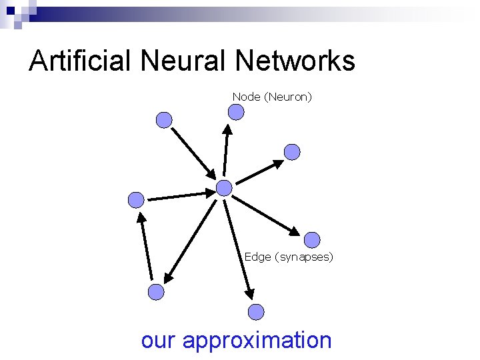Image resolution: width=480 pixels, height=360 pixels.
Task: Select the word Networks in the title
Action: click(295, 61)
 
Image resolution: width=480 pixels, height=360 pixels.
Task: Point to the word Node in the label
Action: click(246, 97)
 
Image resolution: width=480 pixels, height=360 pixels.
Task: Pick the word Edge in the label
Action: click(257, 257)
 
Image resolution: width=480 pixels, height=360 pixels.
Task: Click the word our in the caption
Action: click(159, 340)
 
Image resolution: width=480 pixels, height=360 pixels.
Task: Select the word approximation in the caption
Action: click(257, 340)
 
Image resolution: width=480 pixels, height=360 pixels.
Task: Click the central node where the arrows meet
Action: click(225, 188)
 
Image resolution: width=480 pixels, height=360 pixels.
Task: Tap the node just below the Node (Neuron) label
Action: click(236, 112)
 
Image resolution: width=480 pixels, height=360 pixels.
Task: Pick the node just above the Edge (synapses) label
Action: click(312, 239)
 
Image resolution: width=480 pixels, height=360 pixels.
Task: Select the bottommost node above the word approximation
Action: click(256, 311)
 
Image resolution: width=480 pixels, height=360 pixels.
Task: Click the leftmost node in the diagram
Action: click(136, 199)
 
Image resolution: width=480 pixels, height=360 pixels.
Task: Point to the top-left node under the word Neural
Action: click(164, 120)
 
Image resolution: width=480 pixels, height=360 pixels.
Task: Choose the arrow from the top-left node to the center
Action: click(192, 151)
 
